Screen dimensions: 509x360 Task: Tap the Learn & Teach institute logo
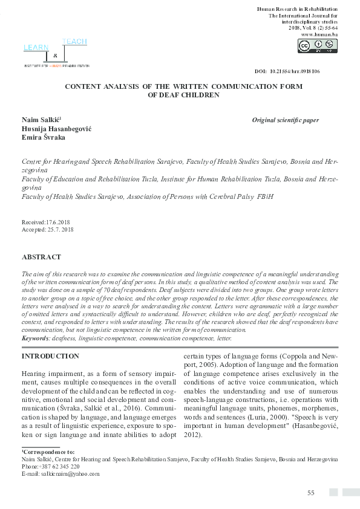click(x=56, y=53)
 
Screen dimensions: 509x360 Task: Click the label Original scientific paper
click(x=285, y=120)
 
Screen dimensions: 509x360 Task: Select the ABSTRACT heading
click(x=41, y=257)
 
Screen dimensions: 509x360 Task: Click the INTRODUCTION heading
click(x=50, y=357)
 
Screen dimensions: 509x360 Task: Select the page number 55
click(x=310, y=493)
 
